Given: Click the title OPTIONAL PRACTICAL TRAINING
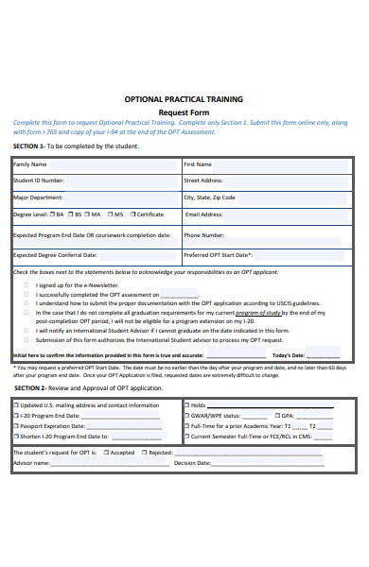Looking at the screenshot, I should [x=184, y=98].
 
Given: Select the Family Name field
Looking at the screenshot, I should [x=95, y=163].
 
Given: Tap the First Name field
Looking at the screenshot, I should [x=267, y=163].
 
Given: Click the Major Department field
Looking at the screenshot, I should [x=95, y=198].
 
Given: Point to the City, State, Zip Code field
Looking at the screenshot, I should [x=267, y=198].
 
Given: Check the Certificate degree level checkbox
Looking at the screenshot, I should [x=132, y=215].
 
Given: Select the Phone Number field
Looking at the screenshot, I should [x=267, y=234].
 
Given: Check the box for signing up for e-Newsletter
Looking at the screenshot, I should [x=26, y=284].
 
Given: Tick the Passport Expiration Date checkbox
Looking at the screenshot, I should [x=15, y=425].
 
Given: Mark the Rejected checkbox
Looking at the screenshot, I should [x=143, y=453].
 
